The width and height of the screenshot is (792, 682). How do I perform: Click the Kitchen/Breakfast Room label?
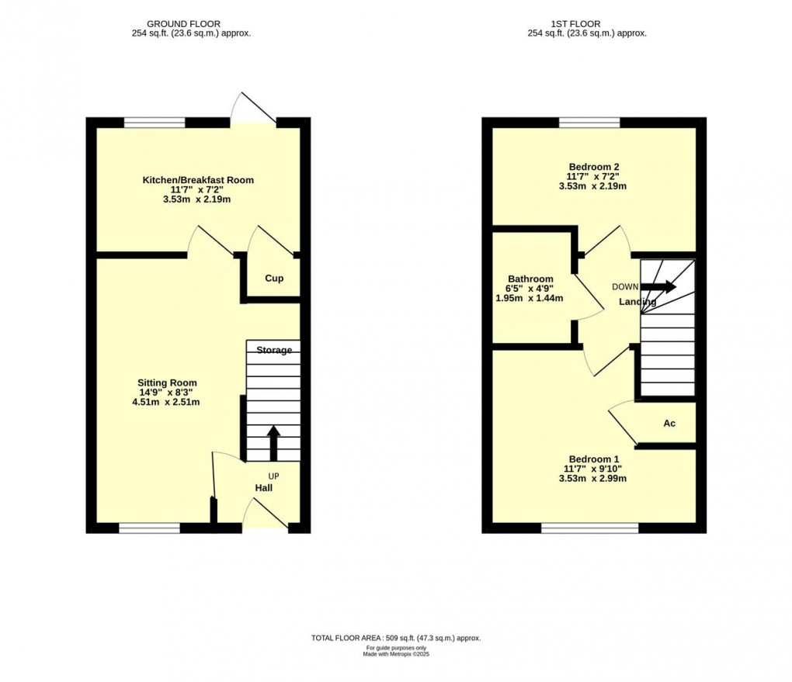click(x=197, y=180)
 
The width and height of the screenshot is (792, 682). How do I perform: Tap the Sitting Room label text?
click(x=167, y=383)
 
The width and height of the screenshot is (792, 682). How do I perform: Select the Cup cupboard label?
click(x=274, y=279)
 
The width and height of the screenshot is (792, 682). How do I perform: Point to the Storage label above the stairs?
click(x=274, y=350)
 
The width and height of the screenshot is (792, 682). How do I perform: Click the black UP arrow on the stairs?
click(x=273, y=443)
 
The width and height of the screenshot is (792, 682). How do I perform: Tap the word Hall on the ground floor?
click(x=264, y=488)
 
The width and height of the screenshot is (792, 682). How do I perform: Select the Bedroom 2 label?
click(x=593, y=167)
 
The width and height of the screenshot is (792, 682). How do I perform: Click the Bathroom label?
click(x=530, y=279)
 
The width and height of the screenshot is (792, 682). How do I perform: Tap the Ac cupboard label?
click(x=669, y=424)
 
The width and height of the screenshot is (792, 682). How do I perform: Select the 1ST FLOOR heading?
click(x=586, y=24)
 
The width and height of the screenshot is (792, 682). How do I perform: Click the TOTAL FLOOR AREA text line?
click(x=396, y=638)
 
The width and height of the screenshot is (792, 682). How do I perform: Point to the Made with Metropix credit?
click(x=396, y=654)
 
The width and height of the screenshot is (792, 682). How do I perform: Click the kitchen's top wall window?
click(x=155, y=122)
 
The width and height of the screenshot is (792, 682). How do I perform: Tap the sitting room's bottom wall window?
click(x=149, y=528)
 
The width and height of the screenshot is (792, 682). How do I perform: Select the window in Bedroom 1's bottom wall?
click(x=589, y=528)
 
